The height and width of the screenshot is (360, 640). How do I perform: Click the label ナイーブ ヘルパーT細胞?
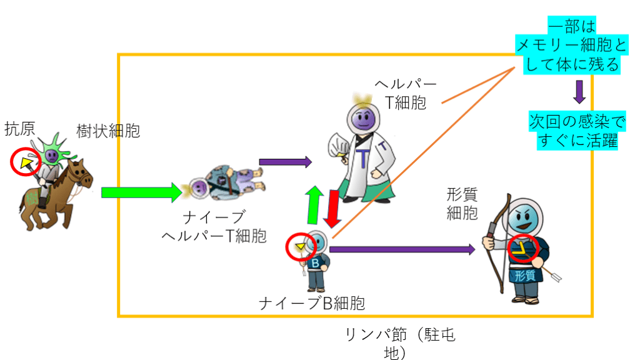(214, 227)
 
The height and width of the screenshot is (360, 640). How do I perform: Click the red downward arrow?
(332, 209)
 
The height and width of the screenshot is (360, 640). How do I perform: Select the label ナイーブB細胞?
(312, 304)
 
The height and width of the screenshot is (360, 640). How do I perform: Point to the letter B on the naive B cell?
(316, 264)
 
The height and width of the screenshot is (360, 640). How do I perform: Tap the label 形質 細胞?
(462, 204)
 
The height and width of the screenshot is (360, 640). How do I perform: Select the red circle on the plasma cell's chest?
(522, 249)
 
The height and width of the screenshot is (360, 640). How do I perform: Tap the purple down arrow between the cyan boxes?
(579, 91)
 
